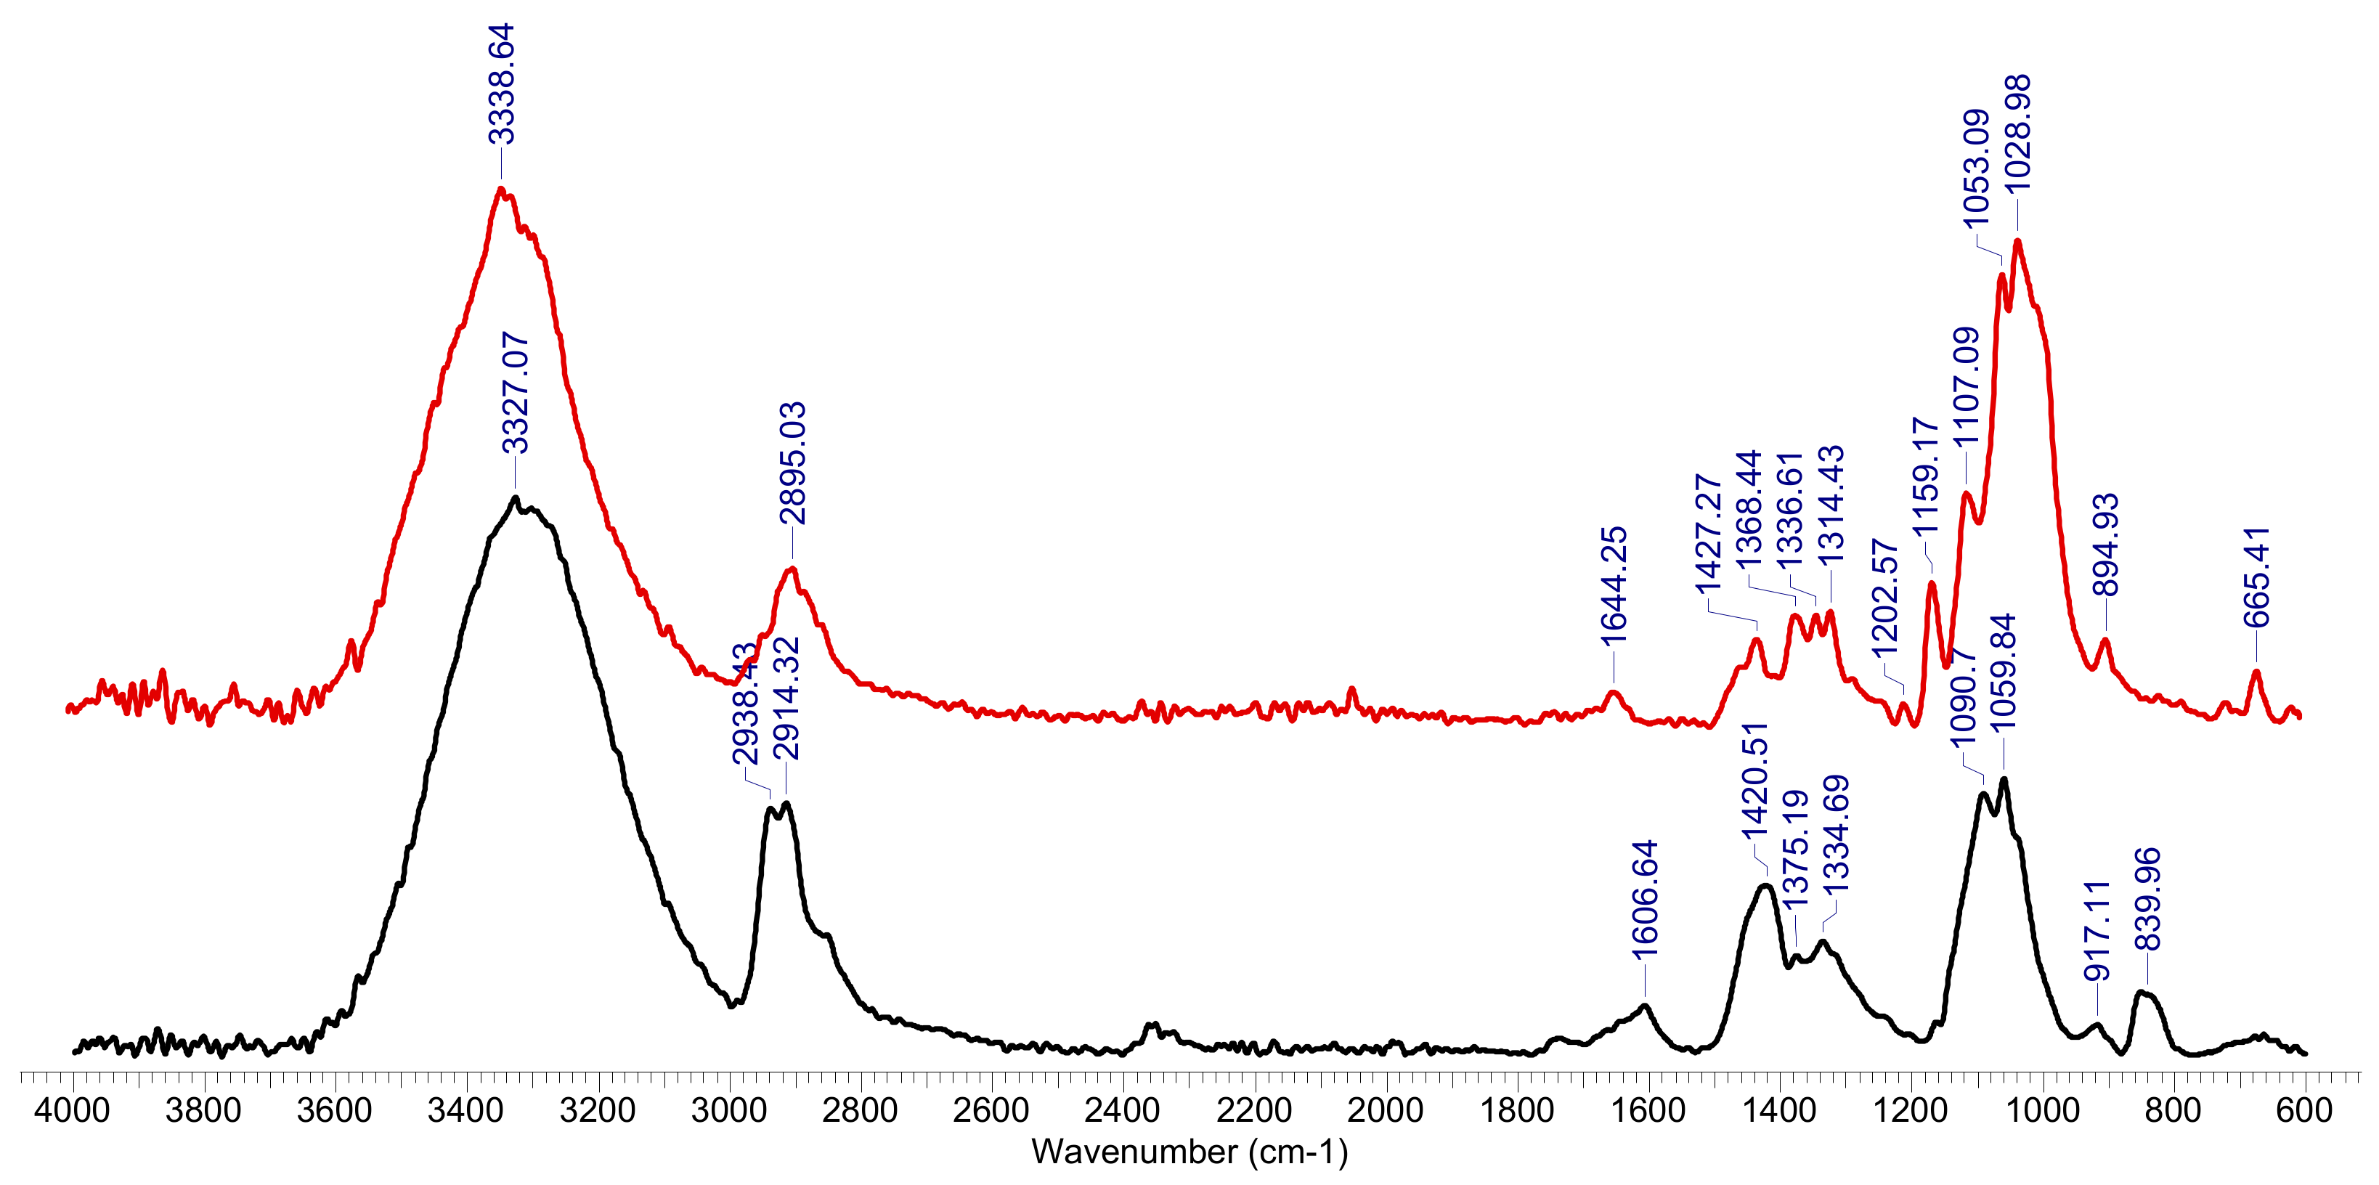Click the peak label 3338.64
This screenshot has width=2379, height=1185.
pos(502,84)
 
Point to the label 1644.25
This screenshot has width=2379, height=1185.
pos(1614,587)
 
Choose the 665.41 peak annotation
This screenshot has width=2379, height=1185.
pos(2256,577)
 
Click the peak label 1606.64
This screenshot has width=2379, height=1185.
pos(1644,900)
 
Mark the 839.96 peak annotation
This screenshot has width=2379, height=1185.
pos(2147,899)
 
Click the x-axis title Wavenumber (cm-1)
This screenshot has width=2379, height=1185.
pos(1189,1152)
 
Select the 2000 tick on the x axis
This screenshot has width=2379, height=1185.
pos(1386,1110)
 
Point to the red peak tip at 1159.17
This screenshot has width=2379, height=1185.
pos(1931,583)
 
